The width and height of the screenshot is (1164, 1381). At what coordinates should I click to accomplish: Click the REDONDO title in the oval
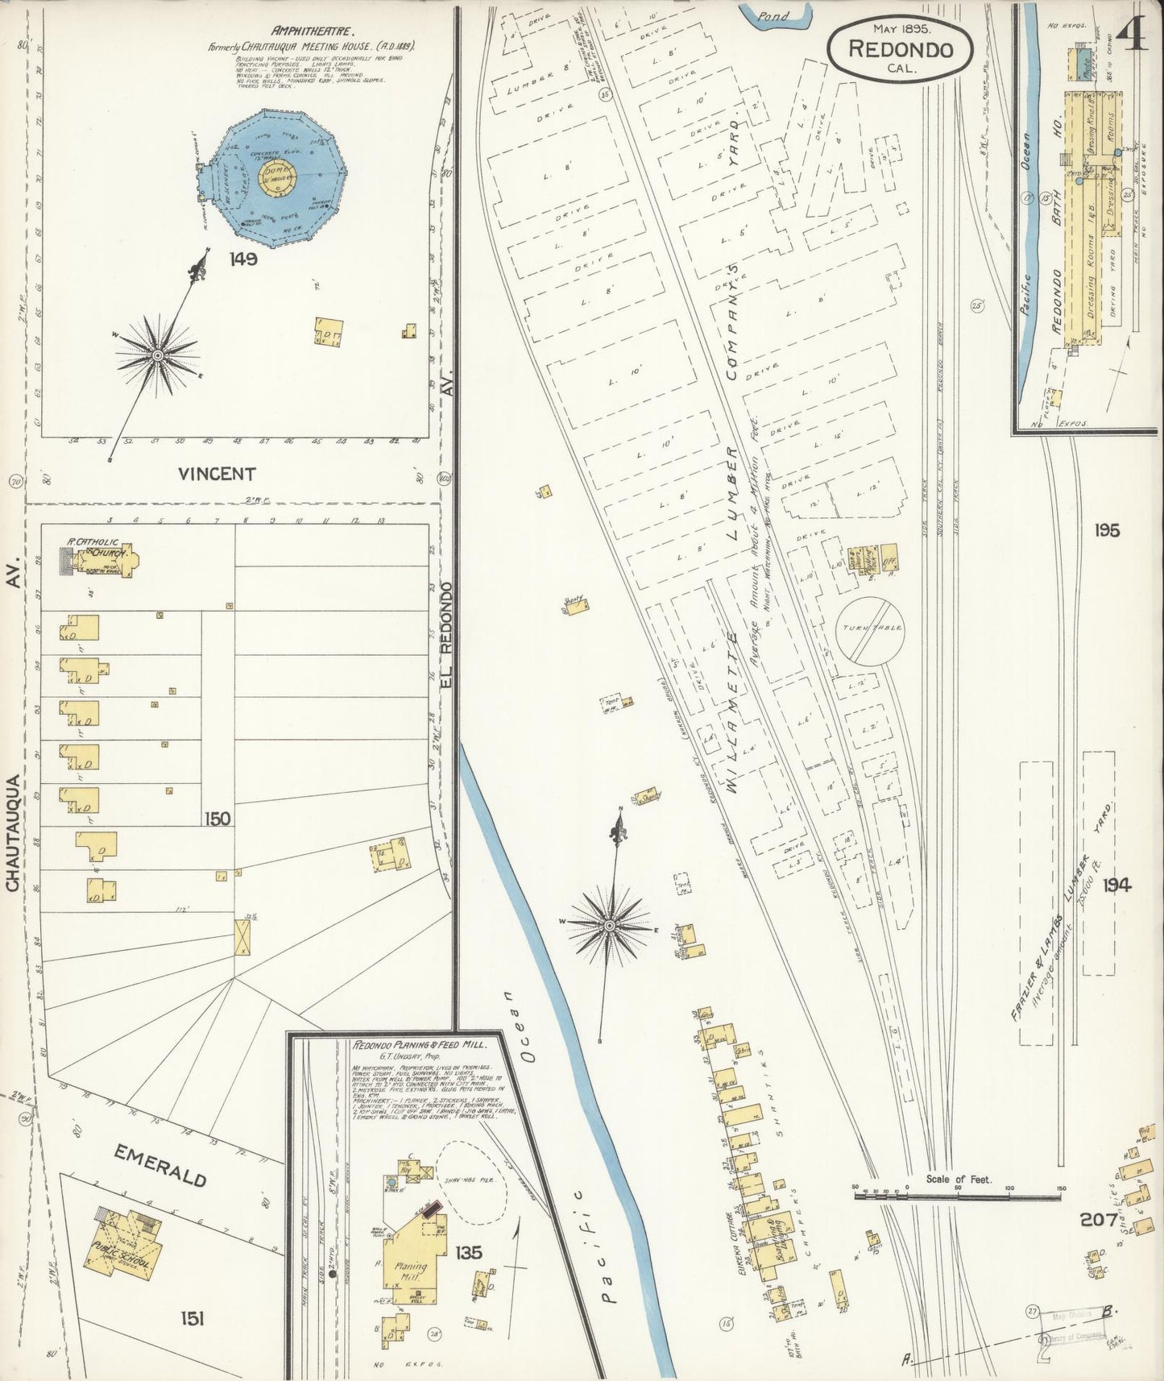pyautogui.click(x=900, y=50)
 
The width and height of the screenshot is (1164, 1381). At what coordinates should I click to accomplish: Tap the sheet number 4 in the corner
pyautogui.click(x=1133, y=34)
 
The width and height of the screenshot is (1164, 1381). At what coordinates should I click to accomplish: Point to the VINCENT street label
pyautogui.click(x=217, y=474)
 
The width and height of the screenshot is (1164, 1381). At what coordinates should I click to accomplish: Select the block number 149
pyautogui.click(x=242, y=259)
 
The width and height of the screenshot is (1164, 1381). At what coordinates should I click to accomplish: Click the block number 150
pyautogui.click(x=217, y=819)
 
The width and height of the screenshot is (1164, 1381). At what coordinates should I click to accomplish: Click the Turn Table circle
pyautogui.click(x=868, y=629)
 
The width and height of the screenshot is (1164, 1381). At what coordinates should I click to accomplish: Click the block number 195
pyautogui.click(x=1108, y=529)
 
